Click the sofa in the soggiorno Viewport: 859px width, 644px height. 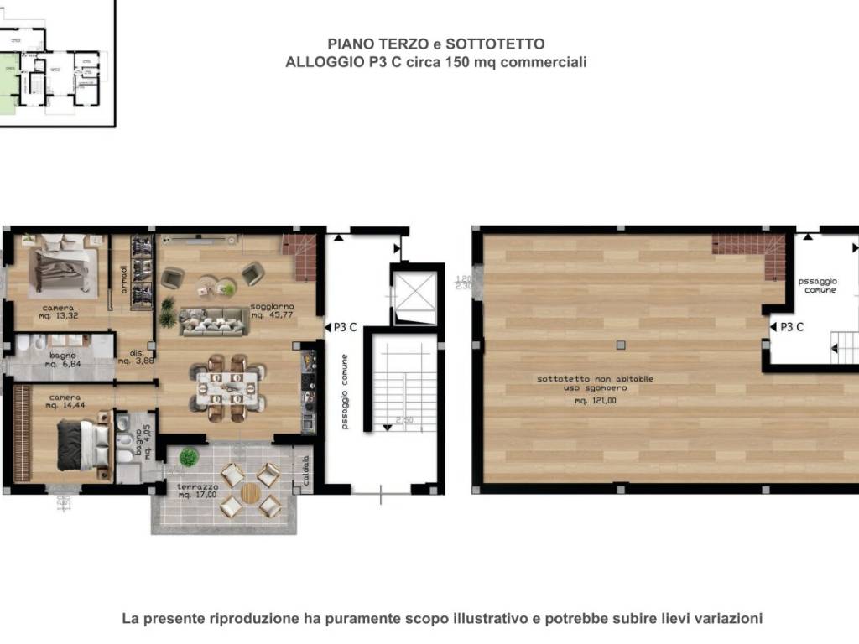(213, 321)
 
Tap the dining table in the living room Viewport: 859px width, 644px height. (226, 387)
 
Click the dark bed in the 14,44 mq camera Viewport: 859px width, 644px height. (82, 445)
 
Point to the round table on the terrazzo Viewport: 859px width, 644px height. (251, 493)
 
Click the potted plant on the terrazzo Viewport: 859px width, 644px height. (190, 458)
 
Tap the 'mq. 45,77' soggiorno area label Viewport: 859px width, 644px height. (271, 315)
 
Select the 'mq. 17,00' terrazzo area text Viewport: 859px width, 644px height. (198, 495)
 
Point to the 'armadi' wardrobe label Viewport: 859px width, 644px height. (123, 277)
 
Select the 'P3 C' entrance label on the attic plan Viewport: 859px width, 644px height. (791, 327)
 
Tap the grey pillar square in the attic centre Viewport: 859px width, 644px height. (619, 345)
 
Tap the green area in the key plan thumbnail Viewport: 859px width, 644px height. (8, 80)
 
